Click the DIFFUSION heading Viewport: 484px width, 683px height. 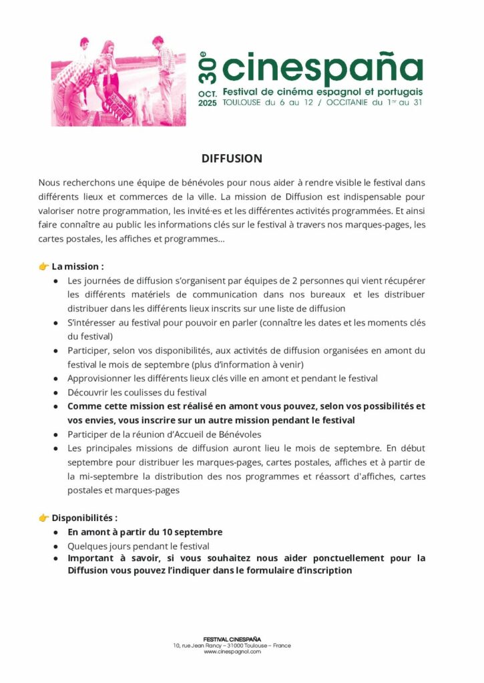pos(232,159)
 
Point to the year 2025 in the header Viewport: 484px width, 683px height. pos(208,103)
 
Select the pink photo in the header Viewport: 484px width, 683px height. pos(118,81)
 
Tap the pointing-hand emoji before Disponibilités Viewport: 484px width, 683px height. pos(44,518)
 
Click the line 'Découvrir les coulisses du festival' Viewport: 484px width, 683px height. pos(137,392)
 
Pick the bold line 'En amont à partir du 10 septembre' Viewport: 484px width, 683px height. pos(145,532)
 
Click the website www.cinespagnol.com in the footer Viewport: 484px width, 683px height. pos(232,652)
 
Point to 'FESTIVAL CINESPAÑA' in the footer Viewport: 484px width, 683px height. pos(232,640)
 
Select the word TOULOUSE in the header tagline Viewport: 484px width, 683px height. pos(244,103)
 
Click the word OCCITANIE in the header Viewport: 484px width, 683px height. pos(354,103)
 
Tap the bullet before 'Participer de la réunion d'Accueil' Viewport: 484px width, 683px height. pos(55,435)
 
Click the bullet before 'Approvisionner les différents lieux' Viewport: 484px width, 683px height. pos(55,379)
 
